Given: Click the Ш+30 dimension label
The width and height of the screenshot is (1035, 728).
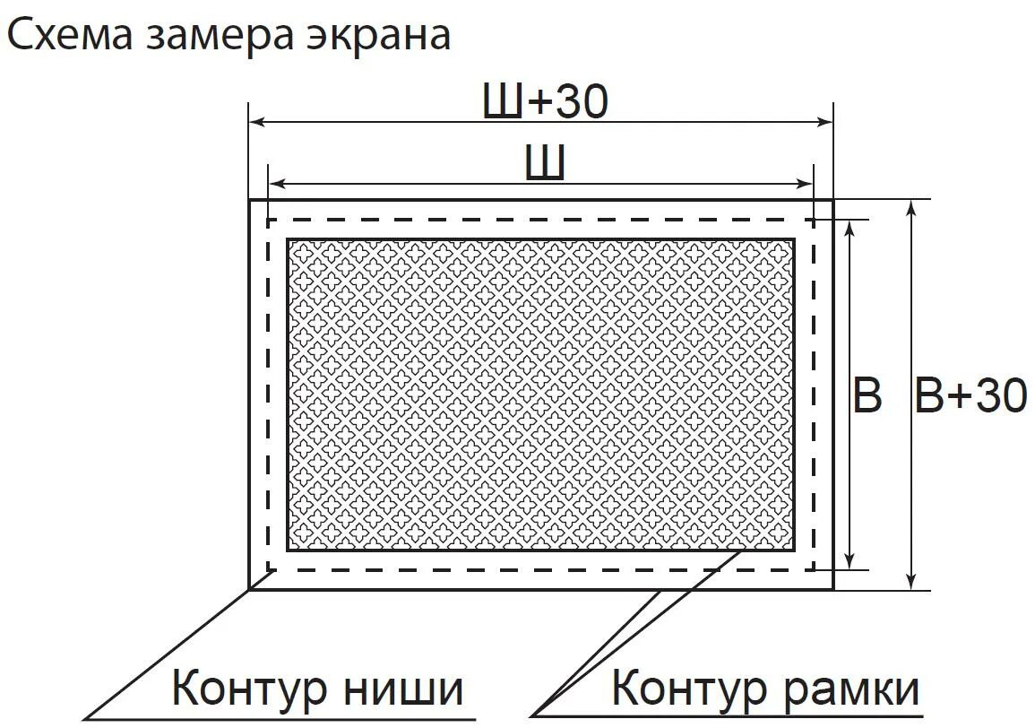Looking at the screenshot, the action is (x=545, y=103).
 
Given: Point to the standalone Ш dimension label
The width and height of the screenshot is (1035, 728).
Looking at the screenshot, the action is (x=544, y=163).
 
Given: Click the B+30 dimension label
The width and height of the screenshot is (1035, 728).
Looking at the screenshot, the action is (x=970, y=395).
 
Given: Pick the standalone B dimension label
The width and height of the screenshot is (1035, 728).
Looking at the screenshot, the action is (x=867, y=395).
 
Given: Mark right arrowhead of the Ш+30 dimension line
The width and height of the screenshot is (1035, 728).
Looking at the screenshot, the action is (x=825, y=121).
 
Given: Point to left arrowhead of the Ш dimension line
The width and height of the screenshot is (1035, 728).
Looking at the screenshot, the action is (x=277, y=184).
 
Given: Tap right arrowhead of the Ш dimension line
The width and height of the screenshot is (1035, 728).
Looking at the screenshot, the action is (x=806, y=184).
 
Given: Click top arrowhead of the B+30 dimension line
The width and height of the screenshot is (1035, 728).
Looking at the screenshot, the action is (x=911, y=209).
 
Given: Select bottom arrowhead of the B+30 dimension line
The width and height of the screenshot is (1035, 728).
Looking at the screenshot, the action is (x=911, y=580).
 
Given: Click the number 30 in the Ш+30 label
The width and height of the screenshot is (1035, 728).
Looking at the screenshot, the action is (x=581, y=103).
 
